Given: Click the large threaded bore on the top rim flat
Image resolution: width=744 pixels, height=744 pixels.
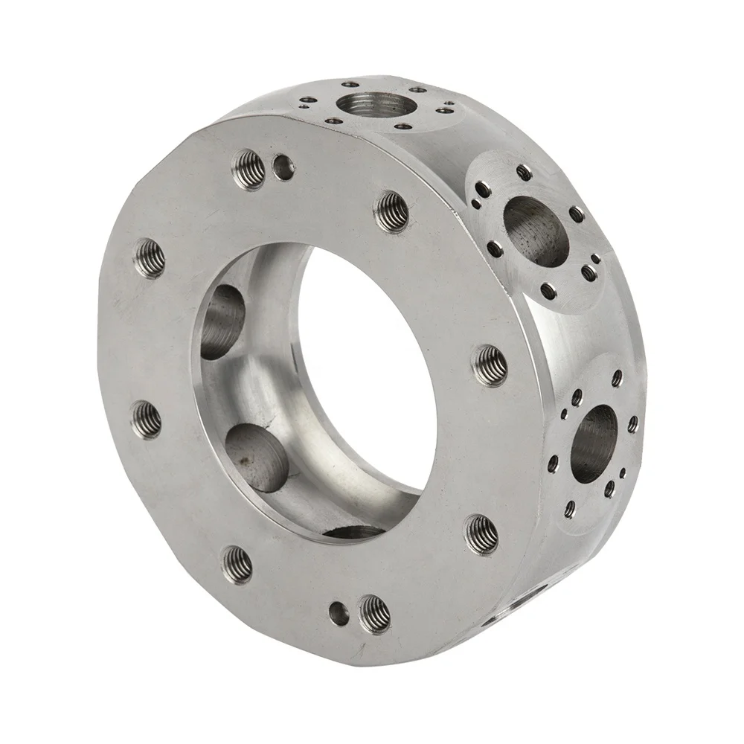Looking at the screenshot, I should pos(369,103).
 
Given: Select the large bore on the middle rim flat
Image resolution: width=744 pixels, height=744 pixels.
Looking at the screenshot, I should pos(536,231).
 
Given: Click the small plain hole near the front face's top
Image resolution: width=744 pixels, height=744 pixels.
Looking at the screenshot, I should pos(283,167).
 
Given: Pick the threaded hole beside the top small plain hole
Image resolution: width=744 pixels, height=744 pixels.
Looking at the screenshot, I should pos(249,168).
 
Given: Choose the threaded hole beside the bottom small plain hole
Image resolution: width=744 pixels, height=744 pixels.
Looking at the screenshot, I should pos(374,614).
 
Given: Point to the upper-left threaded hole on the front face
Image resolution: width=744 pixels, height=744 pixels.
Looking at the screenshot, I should pos(150,258).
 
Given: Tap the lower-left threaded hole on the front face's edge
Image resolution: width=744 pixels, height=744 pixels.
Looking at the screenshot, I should pos(146,420).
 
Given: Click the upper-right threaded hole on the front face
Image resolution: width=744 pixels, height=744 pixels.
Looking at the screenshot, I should pos(391,212).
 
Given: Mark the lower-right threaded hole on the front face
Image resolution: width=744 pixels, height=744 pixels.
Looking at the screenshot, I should pos(482,533).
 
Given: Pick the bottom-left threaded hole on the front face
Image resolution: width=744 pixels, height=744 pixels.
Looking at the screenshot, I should pos(237,563).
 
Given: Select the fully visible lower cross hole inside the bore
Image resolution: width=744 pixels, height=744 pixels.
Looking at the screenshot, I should pos(257,458).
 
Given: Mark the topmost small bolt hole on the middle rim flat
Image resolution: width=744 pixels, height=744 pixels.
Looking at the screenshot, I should pos(524,172).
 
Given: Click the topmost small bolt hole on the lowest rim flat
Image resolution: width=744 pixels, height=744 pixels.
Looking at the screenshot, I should pos(617,378).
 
